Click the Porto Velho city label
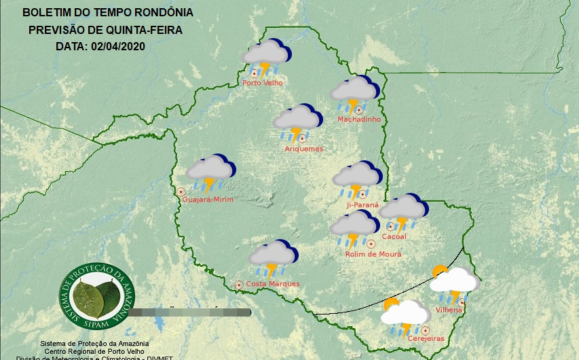pos(263,83)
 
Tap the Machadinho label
pos(359,120)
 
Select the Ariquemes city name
pos(304,149)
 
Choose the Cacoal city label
pos(394,236)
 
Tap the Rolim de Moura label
pos(373,254)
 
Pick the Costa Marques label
pos(272,284)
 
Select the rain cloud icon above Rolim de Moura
pos(354,228)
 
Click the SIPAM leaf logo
pos(96,294)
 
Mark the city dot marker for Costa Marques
pos(239,285)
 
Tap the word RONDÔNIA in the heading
pos(163,13)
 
